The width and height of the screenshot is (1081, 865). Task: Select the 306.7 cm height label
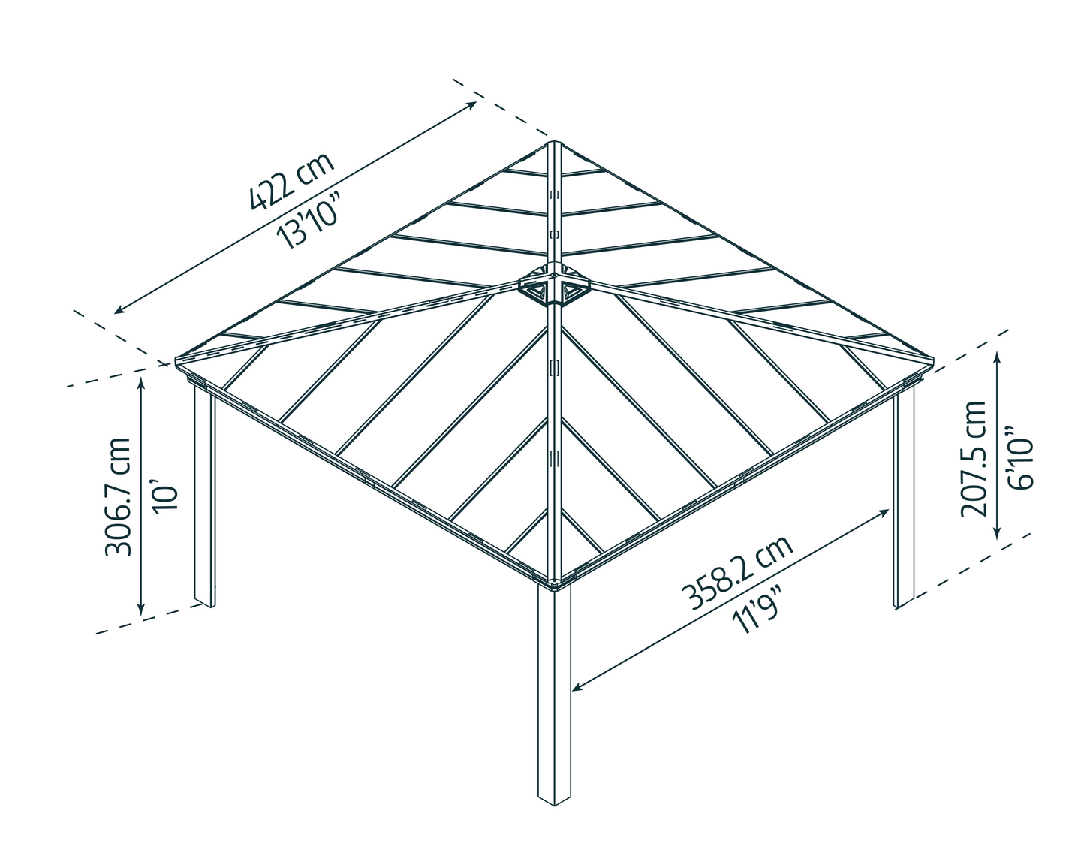tap(119, 496)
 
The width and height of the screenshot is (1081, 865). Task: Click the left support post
tap(204, 496)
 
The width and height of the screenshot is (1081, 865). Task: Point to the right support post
tap(904, 496)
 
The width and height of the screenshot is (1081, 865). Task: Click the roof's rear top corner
tap(554, 143)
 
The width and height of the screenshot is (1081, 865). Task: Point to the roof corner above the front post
tap(554, 581)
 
